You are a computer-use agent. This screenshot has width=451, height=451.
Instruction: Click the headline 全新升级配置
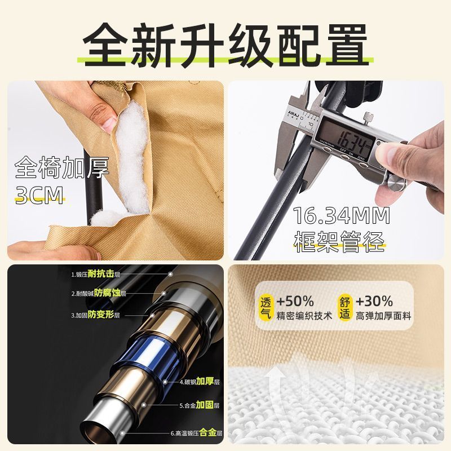point(225,46)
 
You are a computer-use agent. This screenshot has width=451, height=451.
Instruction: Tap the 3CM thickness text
point(39,195)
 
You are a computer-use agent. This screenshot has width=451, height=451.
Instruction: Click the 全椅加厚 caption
point(62,167)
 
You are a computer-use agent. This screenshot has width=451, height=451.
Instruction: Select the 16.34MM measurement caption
point(342,216)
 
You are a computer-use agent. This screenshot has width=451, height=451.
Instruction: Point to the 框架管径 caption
point(339,242)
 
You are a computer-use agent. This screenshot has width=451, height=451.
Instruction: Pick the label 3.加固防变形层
point(95,315)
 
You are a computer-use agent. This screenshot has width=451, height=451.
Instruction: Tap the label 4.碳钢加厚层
point(200,382)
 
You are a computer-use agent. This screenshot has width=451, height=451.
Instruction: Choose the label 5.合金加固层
point(200,405)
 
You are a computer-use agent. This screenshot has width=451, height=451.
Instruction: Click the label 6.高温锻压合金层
point(196,433)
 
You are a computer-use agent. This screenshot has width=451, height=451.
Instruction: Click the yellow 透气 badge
point(266,307)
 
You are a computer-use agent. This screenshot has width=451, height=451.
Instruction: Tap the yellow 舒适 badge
point(344,307)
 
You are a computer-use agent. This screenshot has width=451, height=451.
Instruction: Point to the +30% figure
point(374,301)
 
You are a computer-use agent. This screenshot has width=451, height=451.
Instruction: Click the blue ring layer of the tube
point(144,355)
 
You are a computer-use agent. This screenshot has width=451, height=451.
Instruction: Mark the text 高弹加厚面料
point(384,316)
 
